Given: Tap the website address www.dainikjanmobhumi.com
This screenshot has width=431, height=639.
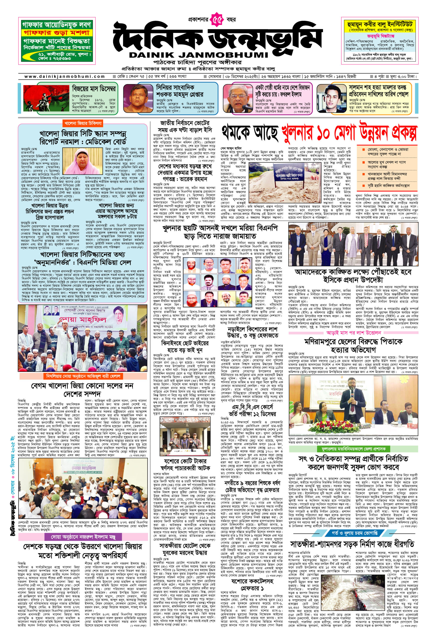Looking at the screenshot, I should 65,77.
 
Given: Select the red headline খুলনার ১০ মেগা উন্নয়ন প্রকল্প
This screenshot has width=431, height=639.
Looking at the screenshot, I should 349,133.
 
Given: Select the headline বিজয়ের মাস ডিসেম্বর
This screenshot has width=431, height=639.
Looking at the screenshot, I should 94,89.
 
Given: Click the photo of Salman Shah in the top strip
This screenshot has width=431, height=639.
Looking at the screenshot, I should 331,98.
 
